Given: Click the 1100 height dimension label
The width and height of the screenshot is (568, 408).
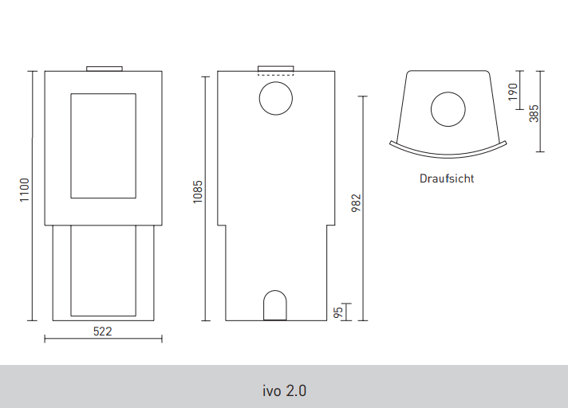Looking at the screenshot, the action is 24,190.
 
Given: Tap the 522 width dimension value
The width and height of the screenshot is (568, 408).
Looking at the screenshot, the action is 103,331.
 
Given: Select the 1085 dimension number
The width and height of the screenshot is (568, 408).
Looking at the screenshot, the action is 197,192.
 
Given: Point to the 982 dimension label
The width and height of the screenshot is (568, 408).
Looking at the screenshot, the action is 357,203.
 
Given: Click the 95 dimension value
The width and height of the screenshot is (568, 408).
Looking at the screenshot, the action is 338,312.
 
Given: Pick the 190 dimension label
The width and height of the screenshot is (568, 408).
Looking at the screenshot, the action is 513,92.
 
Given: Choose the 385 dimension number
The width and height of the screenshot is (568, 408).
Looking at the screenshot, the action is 534,114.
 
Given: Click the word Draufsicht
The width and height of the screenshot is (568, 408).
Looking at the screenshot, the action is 447,178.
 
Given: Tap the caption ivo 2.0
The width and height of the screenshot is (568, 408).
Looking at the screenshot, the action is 284,391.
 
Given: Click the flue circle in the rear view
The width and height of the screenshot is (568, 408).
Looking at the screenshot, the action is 276,82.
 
